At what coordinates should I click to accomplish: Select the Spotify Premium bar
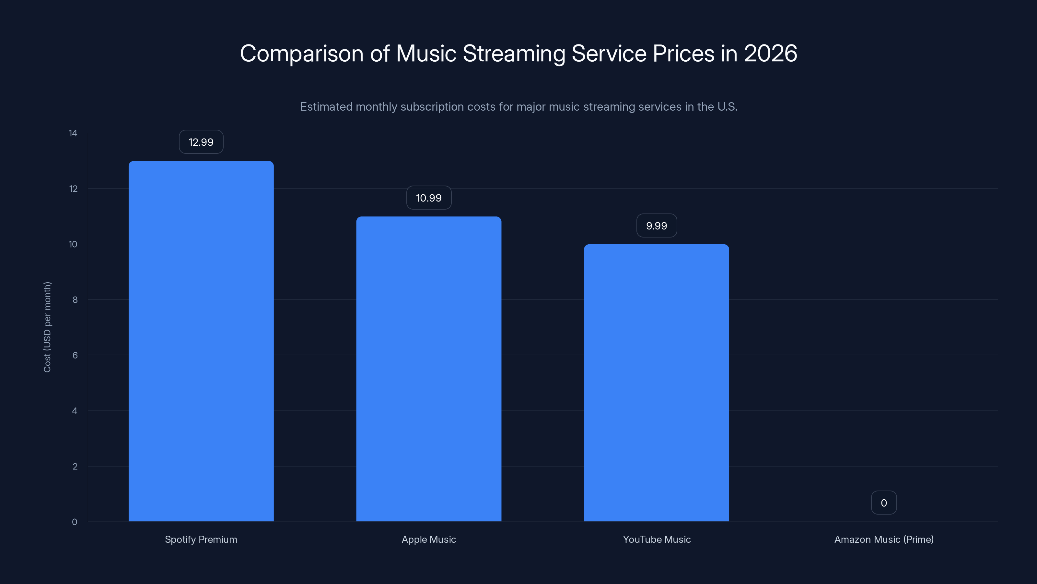(x=201, y=341)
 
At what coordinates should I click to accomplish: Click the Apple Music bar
(x=429, y=369)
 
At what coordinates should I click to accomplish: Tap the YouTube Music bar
(x=656, y=383)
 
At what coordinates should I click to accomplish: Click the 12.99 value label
(x=201, y=142)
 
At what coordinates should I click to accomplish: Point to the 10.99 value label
(x=429, y=198)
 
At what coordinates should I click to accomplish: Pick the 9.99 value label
(x=656, y=226)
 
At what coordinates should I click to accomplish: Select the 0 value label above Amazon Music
(x=884, y=503)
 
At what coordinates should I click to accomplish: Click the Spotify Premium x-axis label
(x=201, y=539)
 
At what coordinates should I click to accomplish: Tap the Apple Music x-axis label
(x=429, y=539)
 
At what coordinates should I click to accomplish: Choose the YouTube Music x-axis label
(x=656, y=539)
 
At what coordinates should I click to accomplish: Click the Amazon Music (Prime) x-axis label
(x=884, y=539)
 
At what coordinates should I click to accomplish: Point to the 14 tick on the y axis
(x=73, y=133)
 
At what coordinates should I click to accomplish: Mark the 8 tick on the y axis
(x=75, y=299)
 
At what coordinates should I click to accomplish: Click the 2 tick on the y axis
(x=75, y=466)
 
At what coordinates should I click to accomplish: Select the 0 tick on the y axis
(x=75, y=522)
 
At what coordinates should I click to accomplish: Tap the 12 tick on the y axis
(x=73, y=189)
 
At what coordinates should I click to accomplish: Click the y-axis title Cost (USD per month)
(x=47, y=327)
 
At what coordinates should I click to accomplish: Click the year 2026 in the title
(x=770, y=53)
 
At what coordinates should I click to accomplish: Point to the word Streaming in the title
(x=514, y=54)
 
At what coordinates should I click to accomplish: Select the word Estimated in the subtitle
(x=326, y=107)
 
